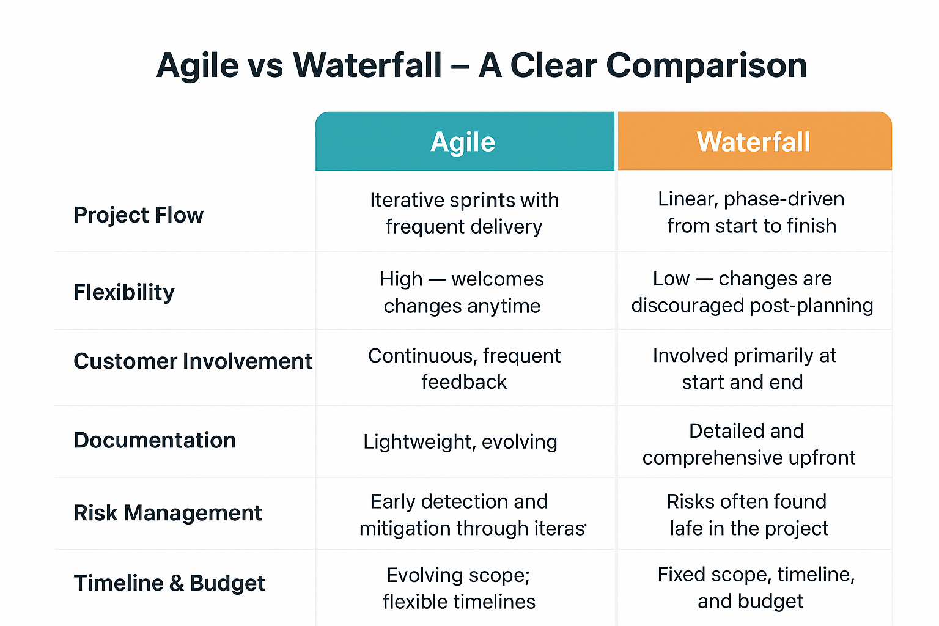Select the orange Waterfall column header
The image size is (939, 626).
point(754,142)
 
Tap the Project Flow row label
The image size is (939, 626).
point(138,215)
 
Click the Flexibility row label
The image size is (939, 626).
point(124,292)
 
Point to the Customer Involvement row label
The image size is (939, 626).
point(193,361)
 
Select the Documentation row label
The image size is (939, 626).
point(155,441)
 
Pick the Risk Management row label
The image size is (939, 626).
point(168,513)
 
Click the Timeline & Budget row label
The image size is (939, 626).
point(169,583)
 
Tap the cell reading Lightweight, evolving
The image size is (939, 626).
point(460,442)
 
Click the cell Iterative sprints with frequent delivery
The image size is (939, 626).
point(464,213)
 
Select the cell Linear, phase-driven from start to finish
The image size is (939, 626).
point(751,212)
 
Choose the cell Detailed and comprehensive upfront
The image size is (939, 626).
point(748,444)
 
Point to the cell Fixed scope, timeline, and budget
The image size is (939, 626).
point(756,587)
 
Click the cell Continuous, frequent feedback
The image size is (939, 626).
point(464,369)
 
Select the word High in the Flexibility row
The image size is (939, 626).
point(401,279)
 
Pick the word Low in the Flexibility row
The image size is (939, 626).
point(671,279)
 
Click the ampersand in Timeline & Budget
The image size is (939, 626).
point(177,584)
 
